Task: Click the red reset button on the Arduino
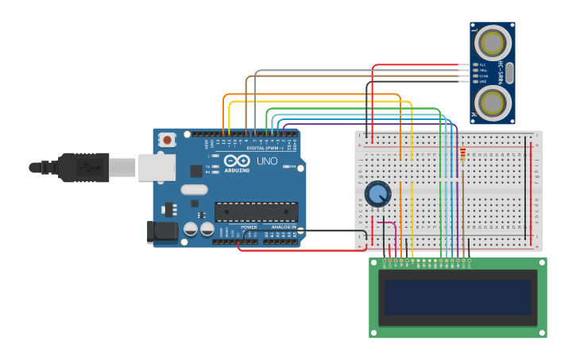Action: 167,140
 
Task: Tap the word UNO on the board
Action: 268,161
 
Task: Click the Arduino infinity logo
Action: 236,160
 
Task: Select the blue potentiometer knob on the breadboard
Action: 377,193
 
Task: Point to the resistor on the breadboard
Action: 462,154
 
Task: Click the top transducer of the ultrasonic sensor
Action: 493,41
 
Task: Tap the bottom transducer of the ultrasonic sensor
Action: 493,103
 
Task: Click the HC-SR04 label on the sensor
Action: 501,72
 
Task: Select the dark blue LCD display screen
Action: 457,297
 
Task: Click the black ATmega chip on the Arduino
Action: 256,211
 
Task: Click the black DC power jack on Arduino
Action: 161,232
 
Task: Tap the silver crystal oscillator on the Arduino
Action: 194,189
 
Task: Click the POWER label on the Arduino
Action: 249,227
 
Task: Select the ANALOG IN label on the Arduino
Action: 284,227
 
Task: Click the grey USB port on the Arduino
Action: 157,168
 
